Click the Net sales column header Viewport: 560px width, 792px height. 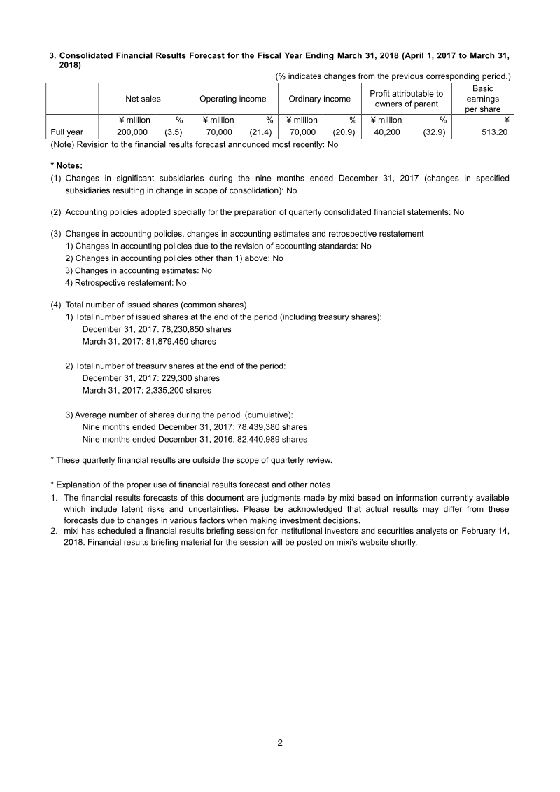pos(143,99)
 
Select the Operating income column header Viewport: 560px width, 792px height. pos(232,99)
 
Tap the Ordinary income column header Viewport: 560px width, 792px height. pos(319,99)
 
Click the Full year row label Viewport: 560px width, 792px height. pos(67,132)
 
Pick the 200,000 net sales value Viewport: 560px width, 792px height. pos(132,132)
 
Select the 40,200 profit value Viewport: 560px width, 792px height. pos(387,132)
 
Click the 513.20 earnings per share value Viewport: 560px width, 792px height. pos(492,132)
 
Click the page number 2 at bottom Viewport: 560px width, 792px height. pos(280,743)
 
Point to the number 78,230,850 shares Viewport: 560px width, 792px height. pos(188,329)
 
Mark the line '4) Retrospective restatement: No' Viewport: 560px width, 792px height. pos(126,283)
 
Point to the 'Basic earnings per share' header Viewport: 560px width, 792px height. pos(482,99)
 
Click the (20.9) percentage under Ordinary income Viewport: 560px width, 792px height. pos(344,132)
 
